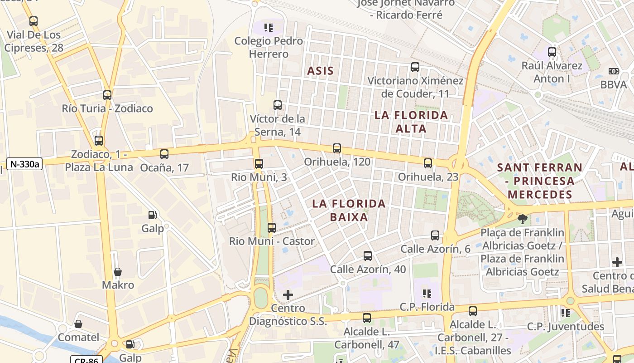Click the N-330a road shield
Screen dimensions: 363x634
pyautogui.click(x=24, y=164)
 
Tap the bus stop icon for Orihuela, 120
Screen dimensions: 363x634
pyautogui.click(x=336, y=148)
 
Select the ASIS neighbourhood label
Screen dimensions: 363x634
pyautogui.click(x=320, y=71)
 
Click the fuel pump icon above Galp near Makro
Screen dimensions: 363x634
pyautogui.click(x=153, y=215)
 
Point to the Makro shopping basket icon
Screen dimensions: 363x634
pyautogui.click(x=118, y=272)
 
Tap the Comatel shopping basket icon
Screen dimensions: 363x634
pyautogui.click(x=78, y=324)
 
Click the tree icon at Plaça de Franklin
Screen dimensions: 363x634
pyautogui.click(x=522, y=219)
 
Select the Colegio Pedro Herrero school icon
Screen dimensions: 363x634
pyautogui.click(x=269, y=28)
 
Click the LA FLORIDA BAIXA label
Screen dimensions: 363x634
pyautogui.click(x=349, y=210)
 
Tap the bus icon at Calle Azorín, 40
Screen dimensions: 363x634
pyautogui.click(x=367, y=256)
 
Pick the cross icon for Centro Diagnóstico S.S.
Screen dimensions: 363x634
pyautogui.click(x=288, y=295)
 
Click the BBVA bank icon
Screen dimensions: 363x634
pyautogui.click(x=614, y=71)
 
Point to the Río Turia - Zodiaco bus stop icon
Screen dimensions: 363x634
pyautogui.click(x=107, y=95)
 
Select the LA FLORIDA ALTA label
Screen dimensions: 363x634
pyautogui.click(x=411, y=122)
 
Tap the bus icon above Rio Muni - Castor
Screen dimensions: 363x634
pyautogui.click(x=271, y=228)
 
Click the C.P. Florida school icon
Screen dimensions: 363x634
pyautogui.click(x=427, y=294)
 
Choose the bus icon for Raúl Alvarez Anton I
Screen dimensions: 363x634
pyautogui.click(x=552, y=52)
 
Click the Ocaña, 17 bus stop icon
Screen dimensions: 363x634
pyautogui.click(x=164, y=154)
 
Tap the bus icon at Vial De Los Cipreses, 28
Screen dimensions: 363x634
pyautogui.click(x=33, y=21)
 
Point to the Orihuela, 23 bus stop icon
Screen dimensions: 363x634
pyautogui.click(x=428, y=163)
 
